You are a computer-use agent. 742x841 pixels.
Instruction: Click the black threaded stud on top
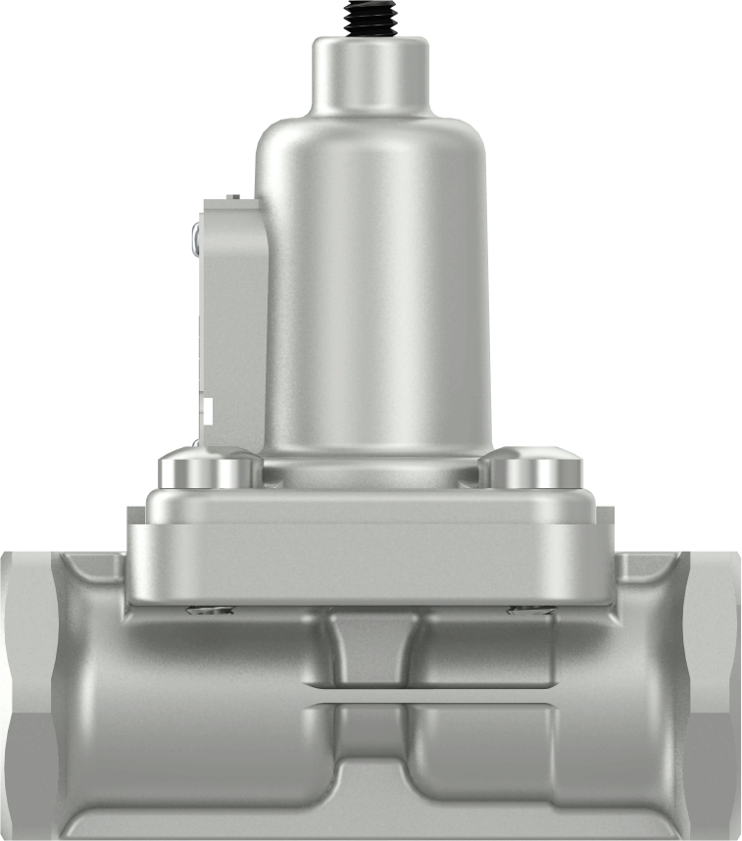(x=371, y=18)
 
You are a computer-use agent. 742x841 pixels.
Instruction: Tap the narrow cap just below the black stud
(x=371, y=74)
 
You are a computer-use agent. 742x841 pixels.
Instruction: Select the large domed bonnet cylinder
(x=372, y=284)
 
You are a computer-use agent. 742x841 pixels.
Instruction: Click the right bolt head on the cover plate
(x=535, y=470)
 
